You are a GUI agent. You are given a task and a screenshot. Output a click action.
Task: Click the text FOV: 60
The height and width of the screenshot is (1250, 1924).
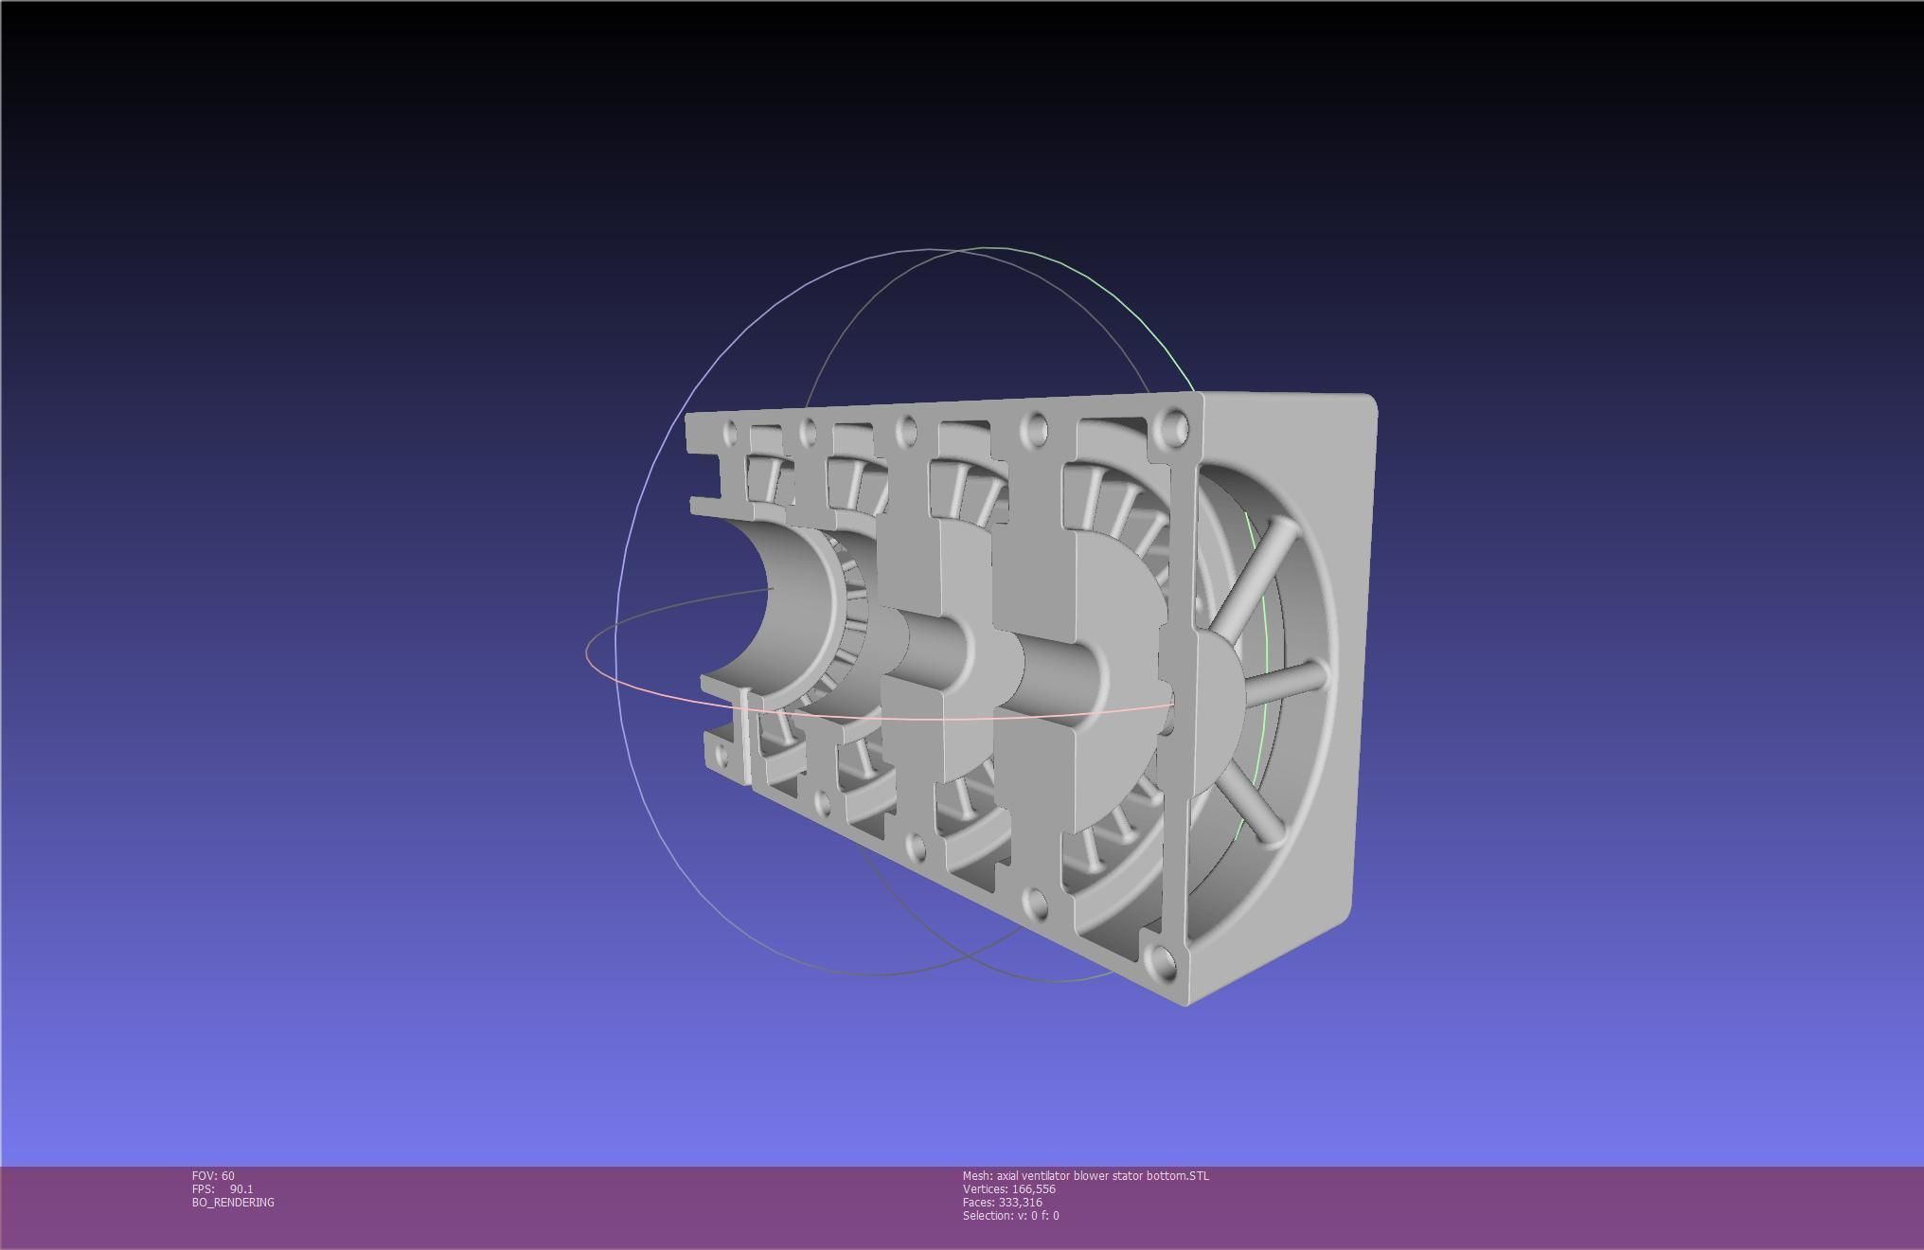point(213,1175)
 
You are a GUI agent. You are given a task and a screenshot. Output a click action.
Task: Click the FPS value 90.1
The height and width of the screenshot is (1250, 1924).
point(240,1188)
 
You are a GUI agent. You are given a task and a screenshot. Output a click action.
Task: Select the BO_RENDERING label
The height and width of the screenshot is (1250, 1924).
point(233,1202)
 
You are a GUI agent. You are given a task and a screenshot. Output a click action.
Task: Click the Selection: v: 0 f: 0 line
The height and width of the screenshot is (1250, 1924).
point(1010,1215)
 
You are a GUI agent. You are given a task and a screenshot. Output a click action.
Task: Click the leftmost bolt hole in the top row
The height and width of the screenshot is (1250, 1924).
point(730,434)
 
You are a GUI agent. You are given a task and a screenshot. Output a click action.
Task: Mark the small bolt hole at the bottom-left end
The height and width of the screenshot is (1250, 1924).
point(722,755)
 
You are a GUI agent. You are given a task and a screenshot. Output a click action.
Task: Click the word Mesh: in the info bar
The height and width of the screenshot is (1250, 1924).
point(977,1175)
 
